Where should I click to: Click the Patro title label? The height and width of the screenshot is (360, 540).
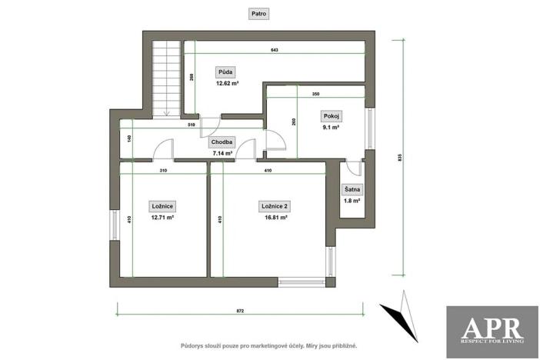coord(259,14)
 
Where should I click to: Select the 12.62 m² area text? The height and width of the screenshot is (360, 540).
coord(227,83)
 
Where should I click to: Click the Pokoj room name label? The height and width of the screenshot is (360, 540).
coord(332,116)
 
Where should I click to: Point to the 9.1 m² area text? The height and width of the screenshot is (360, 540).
coord(332,128)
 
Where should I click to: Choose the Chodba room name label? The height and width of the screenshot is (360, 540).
coord(222,142)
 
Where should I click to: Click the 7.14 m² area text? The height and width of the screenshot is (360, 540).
coord(222,153)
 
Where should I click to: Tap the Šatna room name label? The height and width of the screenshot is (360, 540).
coord(352,189)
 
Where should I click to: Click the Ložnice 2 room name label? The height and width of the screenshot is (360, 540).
coord(275,205)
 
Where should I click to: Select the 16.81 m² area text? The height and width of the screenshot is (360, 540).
coord(275,217)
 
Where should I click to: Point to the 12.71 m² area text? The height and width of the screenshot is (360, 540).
coord(162,217)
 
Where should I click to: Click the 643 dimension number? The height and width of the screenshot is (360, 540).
coord(274,50)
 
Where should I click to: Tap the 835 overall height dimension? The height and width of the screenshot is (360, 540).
coord(400,157)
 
